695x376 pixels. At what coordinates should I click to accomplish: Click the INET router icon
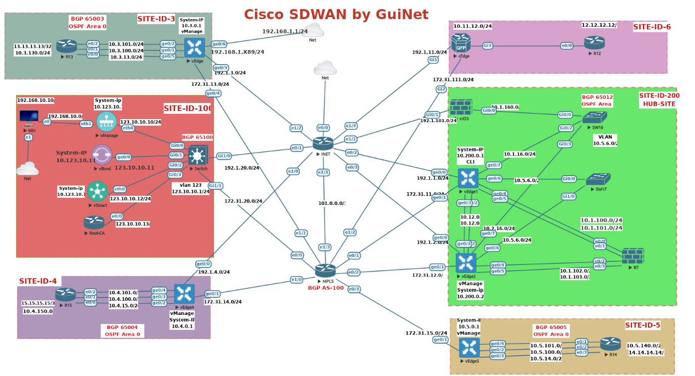[323, 143]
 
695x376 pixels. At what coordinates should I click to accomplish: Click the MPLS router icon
[325, 271]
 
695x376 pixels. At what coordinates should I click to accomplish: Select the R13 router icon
[66, 46]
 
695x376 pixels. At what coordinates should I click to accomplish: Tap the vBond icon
[102, 155]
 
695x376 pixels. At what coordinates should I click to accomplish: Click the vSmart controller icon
[97, 191]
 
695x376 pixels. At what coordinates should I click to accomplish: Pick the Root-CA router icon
[94, 222]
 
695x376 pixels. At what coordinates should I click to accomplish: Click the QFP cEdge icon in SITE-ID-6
[461, 43]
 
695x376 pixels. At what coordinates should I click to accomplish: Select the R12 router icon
[594, 42]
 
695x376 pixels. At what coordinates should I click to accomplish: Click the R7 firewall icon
[633, 256]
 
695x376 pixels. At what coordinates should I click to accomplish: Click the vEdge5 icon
[469, 348]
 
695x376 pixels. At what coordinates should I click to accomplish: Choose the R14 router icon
[610, 344]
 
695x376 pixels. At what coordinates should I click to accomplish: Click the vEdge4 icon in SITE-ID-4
[184, 294]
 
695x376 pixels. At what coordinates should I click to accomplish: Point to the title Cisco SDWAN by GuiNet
[336, 15]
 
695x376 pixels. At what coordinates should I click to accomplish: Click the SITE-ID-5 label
[643, 325]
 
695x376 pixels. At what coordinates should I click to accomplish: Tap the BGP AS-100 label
[326, 288]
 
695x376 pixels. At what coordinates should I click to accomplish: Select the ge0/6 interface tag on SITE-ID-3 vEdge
[219, 44]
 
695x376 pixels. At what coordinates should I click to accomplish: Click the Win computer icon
[29, 117]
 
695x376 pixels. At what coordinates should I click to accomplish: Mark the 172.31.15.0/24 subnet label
[426, 333]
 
